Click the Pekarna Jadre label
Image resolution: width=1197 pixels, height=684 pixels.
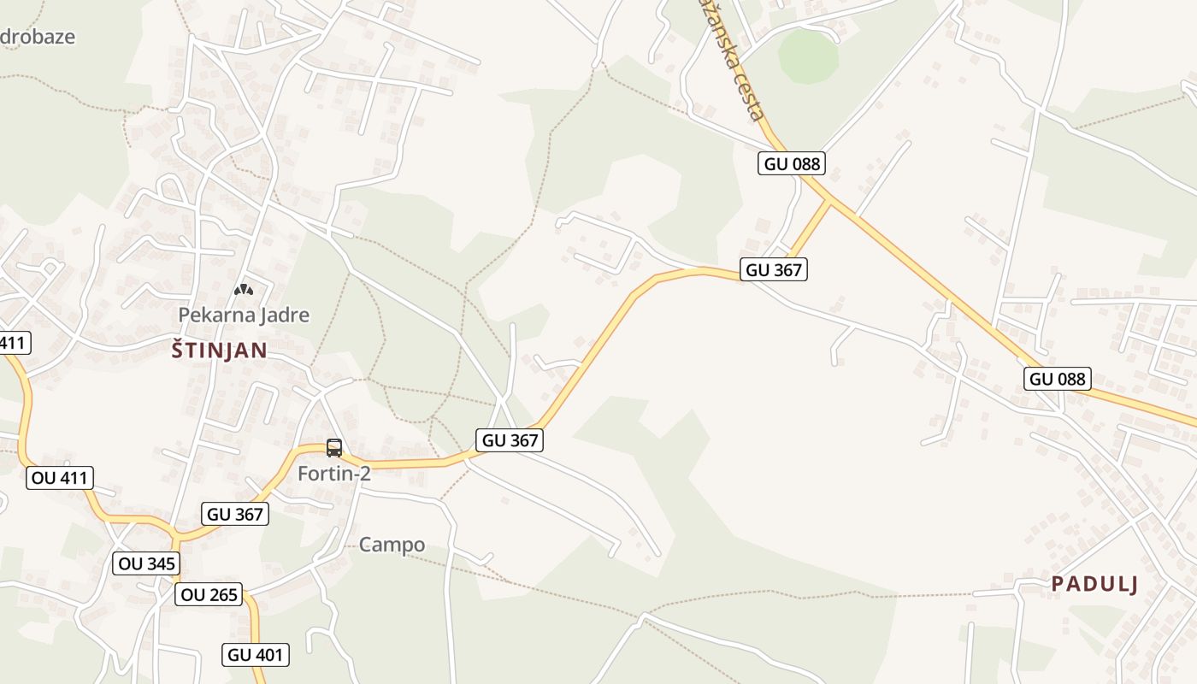244,315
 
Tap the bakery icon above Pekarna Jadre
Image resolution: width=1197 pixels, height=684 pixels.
244,290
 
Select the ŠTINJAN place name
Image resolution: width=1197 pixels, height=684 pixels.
219,350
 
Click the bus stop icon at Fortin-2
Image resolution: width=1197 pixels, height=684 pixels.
334,447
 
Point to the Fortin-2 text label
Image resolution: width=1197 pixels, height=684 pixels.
334,473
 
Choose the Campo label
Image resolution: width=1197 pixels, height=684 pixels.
392,545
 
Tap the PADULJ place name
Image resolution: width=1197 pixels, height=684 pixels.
1094,584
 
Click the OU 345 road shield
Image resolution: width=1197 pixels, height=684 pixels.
147,563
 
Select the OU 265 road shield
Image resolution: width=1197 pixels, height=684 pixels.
209,594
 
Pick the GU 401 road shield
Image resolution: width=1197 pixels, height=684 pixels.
256,655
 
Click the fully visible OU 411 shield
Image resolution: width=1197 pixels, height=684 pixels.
60,477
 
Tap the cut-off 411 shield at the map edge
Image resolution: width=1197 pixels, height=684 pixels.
14,343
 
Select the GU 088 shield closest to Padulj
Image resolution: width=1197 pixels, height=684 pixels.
1058,378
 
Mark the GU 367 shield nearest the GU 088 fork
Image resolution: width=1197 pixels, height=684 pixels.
775,269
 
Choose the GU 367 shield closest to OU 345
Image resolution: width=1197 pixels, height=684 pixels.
236,514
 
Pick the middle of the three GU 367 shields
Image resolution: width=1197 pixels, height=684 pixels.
510,440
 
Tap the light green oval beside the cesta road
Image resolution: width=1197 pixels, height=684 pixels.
808,57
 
